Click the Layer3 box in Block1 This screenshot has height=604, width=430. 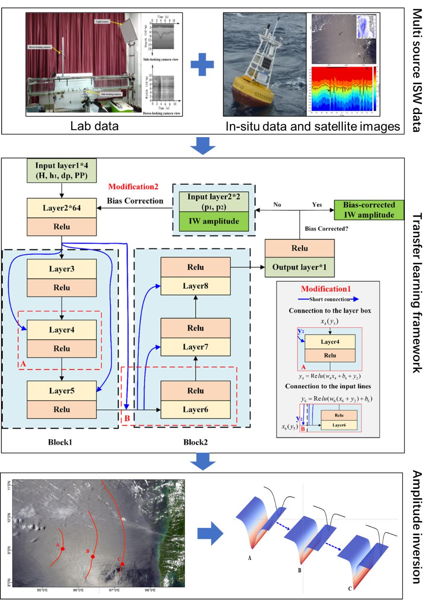point(62,269)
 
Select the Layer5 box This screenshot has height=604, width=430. point(62,390)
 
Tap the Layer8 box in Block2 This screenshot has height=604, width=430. point(195,285)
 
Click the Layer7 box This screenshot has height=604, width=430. point(195,347)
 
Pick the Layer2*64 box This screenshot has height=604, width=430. point(62,208)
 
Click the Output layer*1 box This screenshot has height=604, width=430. point(299,267)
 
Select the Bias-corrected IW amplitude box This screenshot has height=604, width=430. point(369,210)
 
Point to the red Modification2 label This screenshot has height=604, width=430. point(133,187)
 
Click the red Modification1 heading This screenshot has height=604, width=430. point(326,289)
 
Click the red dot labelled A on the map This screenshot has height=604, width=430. point(62,549)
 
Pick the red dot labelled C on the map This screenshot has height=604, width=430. point(122,564)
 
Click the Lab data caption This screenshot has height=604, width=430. point(94,126)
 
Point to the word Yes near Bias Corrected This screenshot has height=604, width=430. point(317,205)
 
